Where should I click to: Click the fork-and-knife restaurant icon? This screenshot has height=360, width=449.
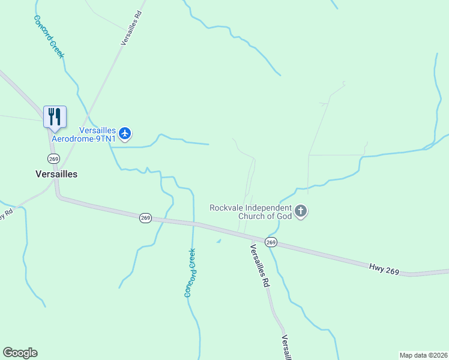[x=55, y=116]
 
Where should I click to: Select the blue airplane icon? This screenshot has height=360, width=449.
[x=125, y=133]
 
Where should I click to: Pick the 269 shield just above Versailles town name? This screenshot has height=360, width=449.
[x=53, y=158]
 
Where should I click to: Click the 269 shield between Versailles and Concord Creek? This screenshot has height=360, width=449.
[x=145, y=218]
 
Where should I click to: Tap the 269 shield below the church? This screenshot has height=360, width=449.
[x=271, y=242]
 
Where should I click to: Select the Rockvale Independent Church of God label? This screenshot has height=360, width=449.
[x=252, y=212]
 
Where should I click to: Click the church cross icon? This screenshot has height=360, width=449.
[x=301, y=212]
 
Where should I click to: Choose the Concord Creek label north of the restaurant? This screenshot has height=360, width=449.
[x=49, y=37]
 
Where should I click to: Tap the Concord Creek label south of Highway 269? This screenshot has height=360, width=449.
[x=190, y=273]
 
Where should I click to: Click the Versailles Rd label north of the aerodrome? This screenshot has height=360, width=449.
[x=131, y=28]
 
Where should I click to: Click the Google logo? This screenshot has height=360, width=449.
[x=20, y=353]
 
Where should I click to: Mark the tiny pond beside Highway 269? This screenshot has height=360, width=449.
[x=218, y=241]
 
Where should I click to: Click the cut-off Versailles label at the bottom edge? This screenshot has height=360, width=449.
[x=288, y=348]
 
